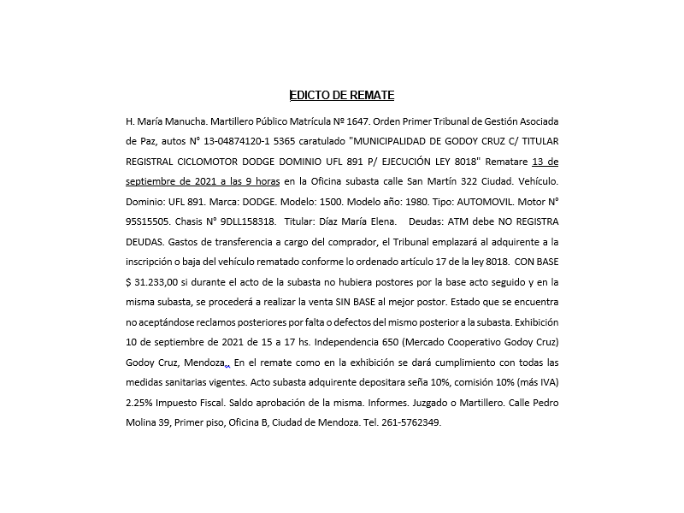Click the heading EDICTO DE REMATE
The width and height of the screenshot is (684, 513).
coord(341,95)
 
